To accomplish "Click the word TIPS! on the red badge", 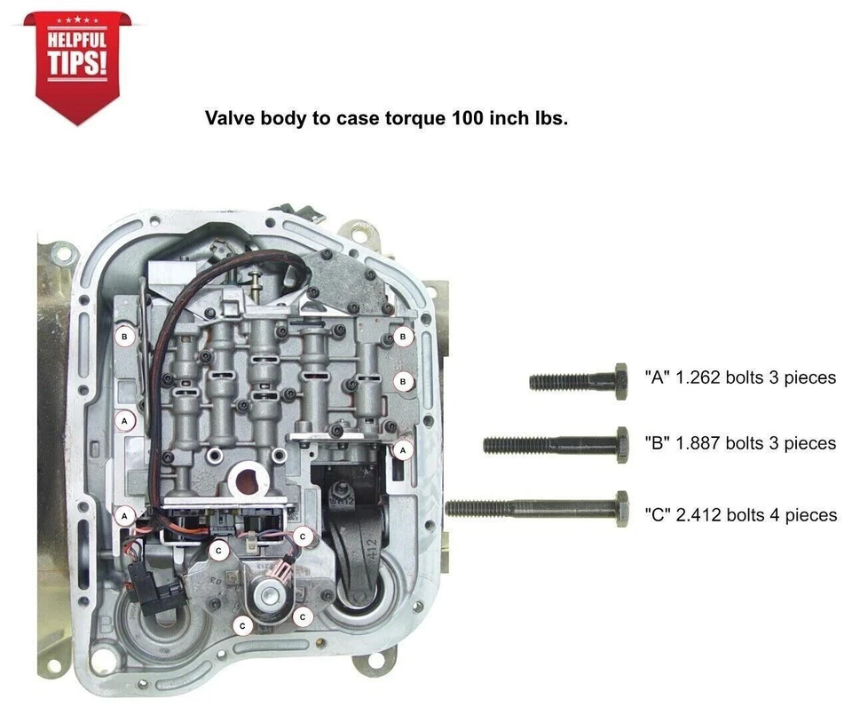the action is click(x=76, y=62).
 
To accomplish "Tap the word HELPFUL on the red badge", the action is click(x=76, y=39).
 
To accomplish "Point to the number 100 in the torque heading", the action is click(x=468, y=118).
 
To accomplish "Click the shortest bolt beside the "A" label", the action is click(x=578, y=382).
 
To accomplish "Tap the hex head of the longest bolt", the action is click(x=622, y=509).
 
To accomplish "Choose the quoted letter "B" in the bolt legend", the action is click(x=657, y=442).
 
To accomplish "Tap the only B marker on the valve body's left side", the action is click(x=124, y=337).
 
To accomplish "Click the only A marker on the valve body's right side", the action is click(x=403, y=450).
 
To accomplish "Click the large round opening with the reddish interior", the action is click(x=248, y=481).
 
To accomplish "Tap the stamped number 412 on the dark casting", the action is click(x=372, y=550).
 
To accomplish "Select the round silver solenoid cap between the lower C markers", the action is click(x=270, y=594).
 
